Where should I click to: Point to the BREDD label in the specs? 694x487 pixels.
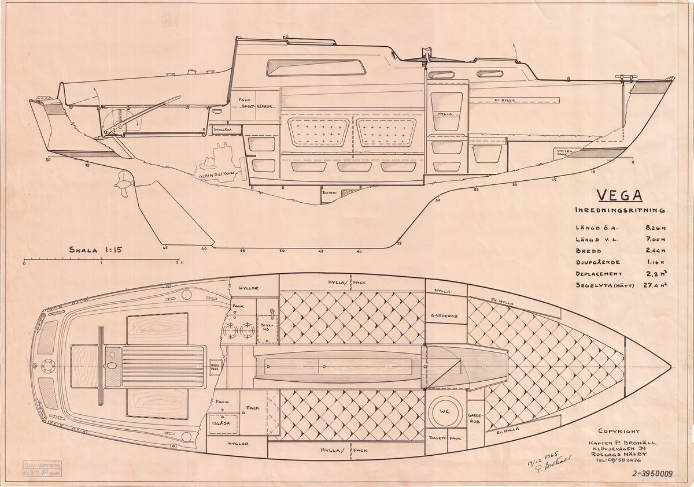tap(589, 251)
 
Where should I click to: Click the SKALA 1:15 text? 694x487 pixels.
tap(96, 251)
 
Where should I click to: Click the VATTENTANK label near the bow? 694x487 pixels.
tap(564, 153)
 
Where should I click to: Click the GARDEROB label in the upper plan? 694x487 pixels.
tap(445, 317)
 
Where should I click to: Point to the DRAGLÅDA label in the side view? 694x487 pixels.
tap(223, 130)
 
